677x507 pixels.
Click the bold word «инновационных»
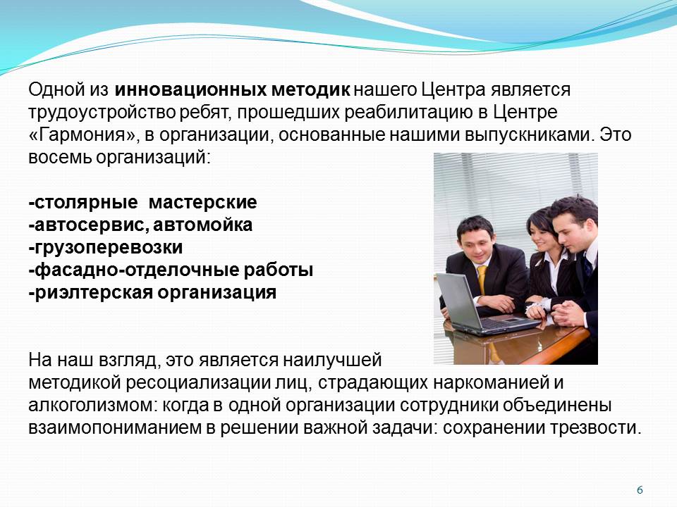click(x=190, y=89)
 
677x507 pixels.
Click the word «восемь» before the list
click(x=60, y=157)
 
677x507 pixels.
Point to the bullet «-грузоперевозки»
click(x=105, y=247)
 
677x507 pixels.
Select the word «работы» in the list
click(x=279, y=270)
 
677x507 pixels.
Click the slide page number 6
click(x=640, y=490)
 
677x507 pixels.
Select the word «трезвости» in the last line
click(x=595, y=427)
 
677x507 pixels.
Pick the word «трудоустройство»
click(x=102, y=113)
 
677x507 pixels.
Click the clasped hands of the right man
click(x=568, y=313)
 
